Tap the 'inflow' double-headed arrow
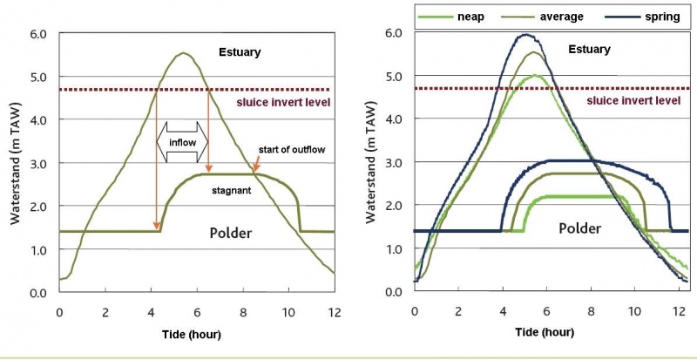tap(182, 141)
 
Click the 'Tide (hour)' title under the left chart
tap(196, 335)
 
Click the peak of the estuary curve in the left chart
tap(183, 53)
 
